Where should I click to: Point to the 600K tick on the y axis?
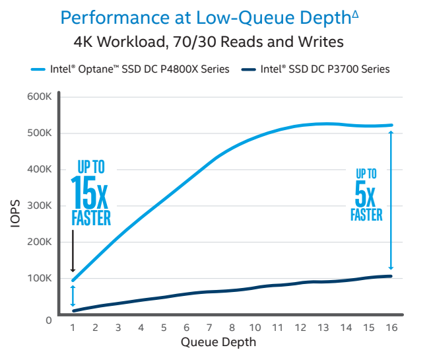pyautogui.click(x=39, y=97)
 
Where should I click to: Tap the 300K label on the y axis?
pyautogui.click(x=39, y=205)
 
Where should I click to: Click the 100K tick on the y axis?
pyautogui.click(x=39, y=278)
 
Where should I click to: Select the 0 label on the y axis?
pyautogui.click(x=48, y=320)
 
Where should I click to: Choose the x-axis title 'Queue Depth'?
pyautogui.click(x=218, y=342)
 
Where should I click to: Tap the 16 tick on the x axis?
pyautogui.click(x=391, y=327)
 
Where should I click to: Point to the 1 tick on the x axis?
pyautogui.click(x=73, y=327)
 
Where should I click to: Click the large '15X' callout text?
pyautogui.click(x=91, y=192)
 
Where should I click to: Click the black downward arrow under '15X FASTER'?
pyautogui.click(x=73, y=251)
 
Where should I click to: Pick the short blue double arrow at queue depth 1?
pyautogui.click(x=73, y=295)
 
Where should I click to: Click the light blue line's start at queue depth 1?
pyautogui.click(x=73, y=280)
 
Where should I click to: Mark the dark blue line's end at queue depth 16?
pyautogui.click(x=391, y=276)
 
